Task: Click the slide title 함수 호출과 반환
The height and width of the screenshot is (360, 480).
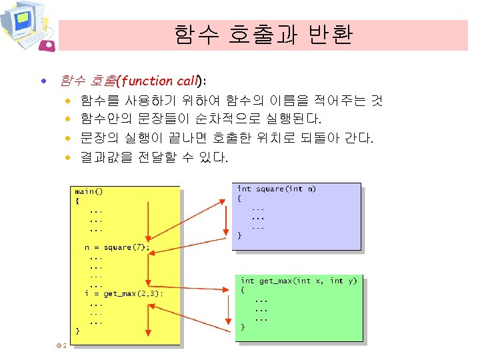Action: (263, 35)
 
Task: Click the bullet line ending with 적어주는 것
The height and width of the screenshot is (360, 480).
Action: (231, 101)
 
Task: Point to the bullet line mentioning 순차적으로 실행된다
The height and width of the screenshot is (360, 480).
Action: (201, 120)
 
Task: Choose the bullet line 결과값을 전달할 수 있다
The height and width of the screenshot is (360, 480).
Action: (154, 158)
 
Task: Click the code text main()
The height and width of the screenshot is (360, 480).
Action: (89, 191)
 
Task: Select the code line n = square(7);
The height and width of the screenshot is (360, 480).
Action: (117, 247)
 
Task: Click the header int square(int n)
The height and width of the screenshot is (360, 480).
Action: (277, 189)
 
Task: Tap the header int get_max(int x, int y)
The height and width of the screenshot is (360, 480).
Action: (299, 281)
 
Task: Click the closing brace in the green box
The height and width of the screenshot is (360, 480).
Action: (243, 327)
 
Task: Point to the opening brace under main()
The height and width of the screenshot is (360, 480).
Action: (77, 200)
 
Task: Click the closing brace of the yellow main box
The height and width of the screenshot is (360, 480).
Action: (77, 331)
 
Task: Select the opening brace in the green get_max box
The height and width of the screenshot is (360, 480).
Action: (243, 290)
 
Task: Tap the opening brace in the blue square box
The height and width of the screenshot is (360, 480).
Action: (241, 198)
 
